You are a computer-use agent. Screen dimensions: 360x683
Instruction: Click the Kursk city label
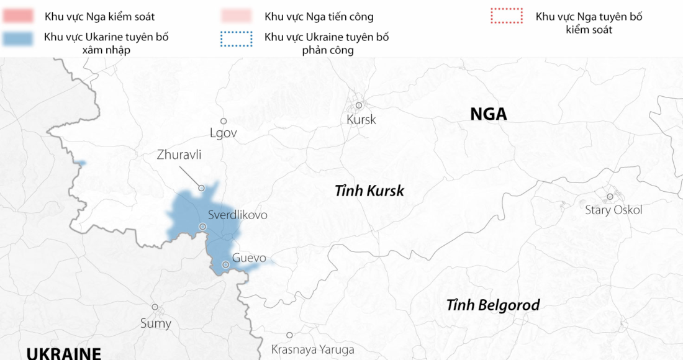(361, 120)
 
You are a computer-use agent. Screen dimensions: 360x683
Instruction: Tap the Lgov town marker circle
(224, 121)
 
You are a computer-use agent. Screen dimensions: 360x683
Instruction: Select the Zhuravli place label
(179, 155)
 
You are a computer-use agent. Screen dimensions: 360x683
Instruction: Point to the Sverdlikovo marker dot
(202, 227)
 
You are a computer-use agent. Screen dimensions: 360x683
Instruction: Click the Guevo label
(249, 258)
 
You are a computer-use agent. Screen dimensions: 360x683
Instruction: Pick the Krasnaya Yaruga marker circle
(289, 335)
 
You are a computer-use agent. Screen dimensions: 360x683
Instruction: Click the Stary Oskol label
(613, 210)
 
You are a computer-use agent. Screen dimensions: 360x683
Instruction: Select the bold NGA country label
(488, 114)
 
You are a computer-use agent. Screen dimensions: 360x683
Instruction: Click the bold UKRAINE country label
(63, 354)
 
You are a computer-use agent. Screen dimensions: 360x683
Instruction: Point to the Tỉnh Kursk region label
(369, 191)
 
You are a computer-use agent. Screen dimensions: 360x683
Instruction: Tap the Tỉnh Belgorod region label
(493, 305)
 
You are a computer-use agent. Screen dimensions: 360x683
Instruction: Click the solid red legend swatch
(17, 16)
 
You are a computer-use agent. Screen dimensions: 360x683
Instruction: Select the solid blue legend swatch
(17, 38)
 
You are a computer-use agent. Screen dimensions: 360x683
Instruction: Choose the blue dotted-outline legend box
(237, 38)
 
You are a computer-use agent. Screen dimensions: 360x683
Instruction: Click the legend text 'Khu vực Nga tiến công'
(319, 17)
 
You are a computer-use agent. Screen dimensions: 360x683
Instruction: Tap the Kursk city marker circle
(359, 106)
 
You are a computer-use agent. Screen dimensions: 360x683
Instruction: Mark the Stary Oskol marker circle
(610, 197)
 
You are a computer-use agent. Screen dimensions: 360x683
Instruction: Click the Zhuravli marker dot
(201, 187)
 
